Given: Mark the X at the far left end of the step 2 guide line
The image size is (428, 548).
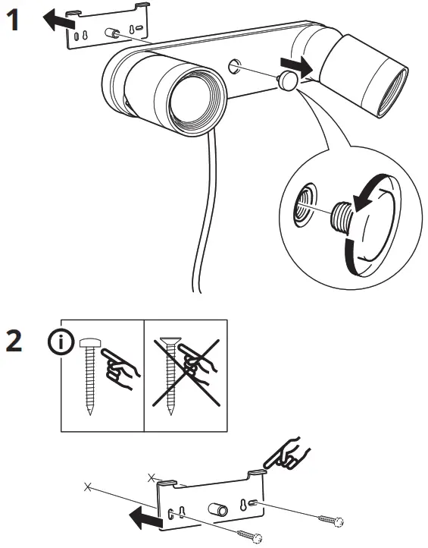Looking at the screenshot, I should pyautogui.click(x=89, y=485).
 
